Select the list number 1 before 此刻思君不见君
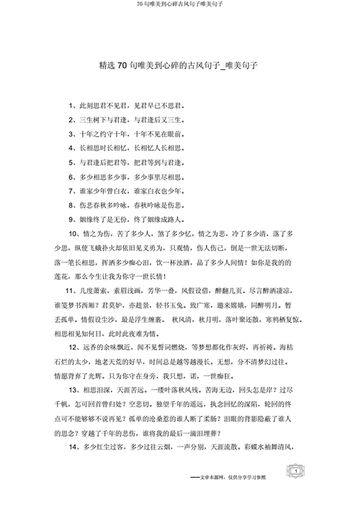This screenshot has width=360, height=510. point(72,106)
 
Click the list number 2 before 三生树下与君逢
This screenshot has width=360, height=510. point(72,120)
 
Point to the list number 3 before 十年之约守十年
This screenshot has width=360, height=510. point(72,134)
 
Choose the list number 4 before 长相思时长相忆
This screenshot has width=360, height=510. point(72,148)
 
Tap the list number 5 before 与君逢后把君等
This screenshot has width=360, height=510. point(72,162)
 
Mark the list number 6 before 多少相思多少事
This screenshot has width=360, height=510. point(72,176)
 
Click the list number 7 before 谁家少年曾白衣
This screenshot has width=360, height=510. point(72,190)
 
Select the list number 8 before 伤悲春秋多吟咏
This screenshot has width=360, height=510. point(72,204)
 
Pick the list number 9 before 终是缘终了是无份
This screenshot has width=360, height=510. point(72,218)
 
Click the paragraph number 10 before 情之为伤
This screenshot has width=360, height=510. point(73,233)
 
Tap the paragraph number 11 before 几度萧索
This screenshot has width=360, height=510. point(73,289)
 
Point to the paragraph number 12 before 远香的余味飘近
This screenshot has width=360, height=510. point(73,346)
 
